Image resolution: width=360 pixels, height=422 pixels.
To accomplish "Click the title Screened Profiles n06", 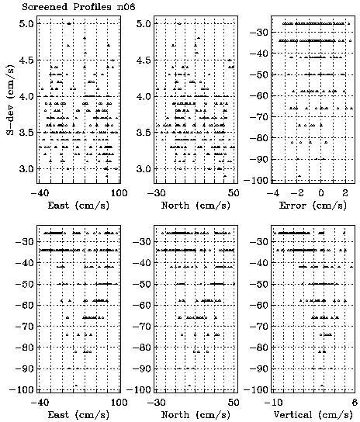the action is (x=78, y=6).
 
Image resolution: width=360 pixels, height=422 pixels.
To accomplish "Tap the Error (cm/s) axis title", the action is (x=313, y=206).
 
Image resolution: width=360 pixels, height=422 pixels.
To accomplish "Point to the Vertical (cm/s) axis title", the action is (x=313, y=415).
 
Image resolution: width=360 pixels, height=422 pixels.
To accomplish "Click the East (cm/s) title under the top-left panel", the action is (x=78, y=206).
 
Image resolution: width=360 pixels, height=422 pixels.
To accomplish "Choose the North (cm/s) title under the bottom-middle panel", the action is (x=196, y=415).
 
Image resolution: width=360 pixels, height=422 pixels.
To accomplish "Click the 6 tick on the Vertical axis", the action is (x=355, y=403).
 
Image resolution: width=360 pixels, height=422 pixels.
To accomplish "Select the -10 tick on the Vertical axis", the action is (x=274, y=403).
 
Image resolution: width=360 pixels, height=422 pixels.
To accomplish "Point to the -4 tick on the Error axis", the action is (x=273, y=193).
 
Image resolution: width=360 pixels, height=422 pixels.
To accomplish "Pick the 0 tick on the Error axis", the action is (x=320, y=193).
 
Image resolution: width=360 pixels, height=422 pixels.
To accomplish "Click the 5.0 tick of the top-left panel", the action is (x=26, y=24).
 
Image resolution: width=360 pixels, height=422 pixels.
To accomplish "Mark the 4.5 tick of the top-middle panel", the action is (x=144, y=60).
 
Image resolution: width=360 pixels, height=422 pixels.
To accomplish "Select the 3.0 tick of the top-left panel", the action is (x=26, y=169).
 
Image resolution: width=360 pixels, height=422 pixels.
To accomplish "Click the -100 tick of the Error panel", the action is (x=256, y=180).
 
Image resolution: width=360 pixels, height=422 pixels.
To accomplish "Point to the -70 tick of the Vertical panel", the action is (x=258, y=326).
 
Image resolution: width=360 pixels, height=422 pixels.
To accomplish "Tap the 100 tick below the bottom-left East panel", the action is (x=119, y=403).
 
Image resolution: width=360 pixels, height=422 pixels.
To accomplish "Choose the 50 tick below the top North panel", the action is (x=234, y=193).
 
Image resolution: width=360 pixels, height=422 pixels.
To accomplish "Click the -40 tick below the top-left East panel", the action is (x=40, y=193).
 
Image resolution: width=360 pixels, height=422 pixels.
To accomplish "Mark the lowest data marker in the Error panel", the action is (x=299, y=176).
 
